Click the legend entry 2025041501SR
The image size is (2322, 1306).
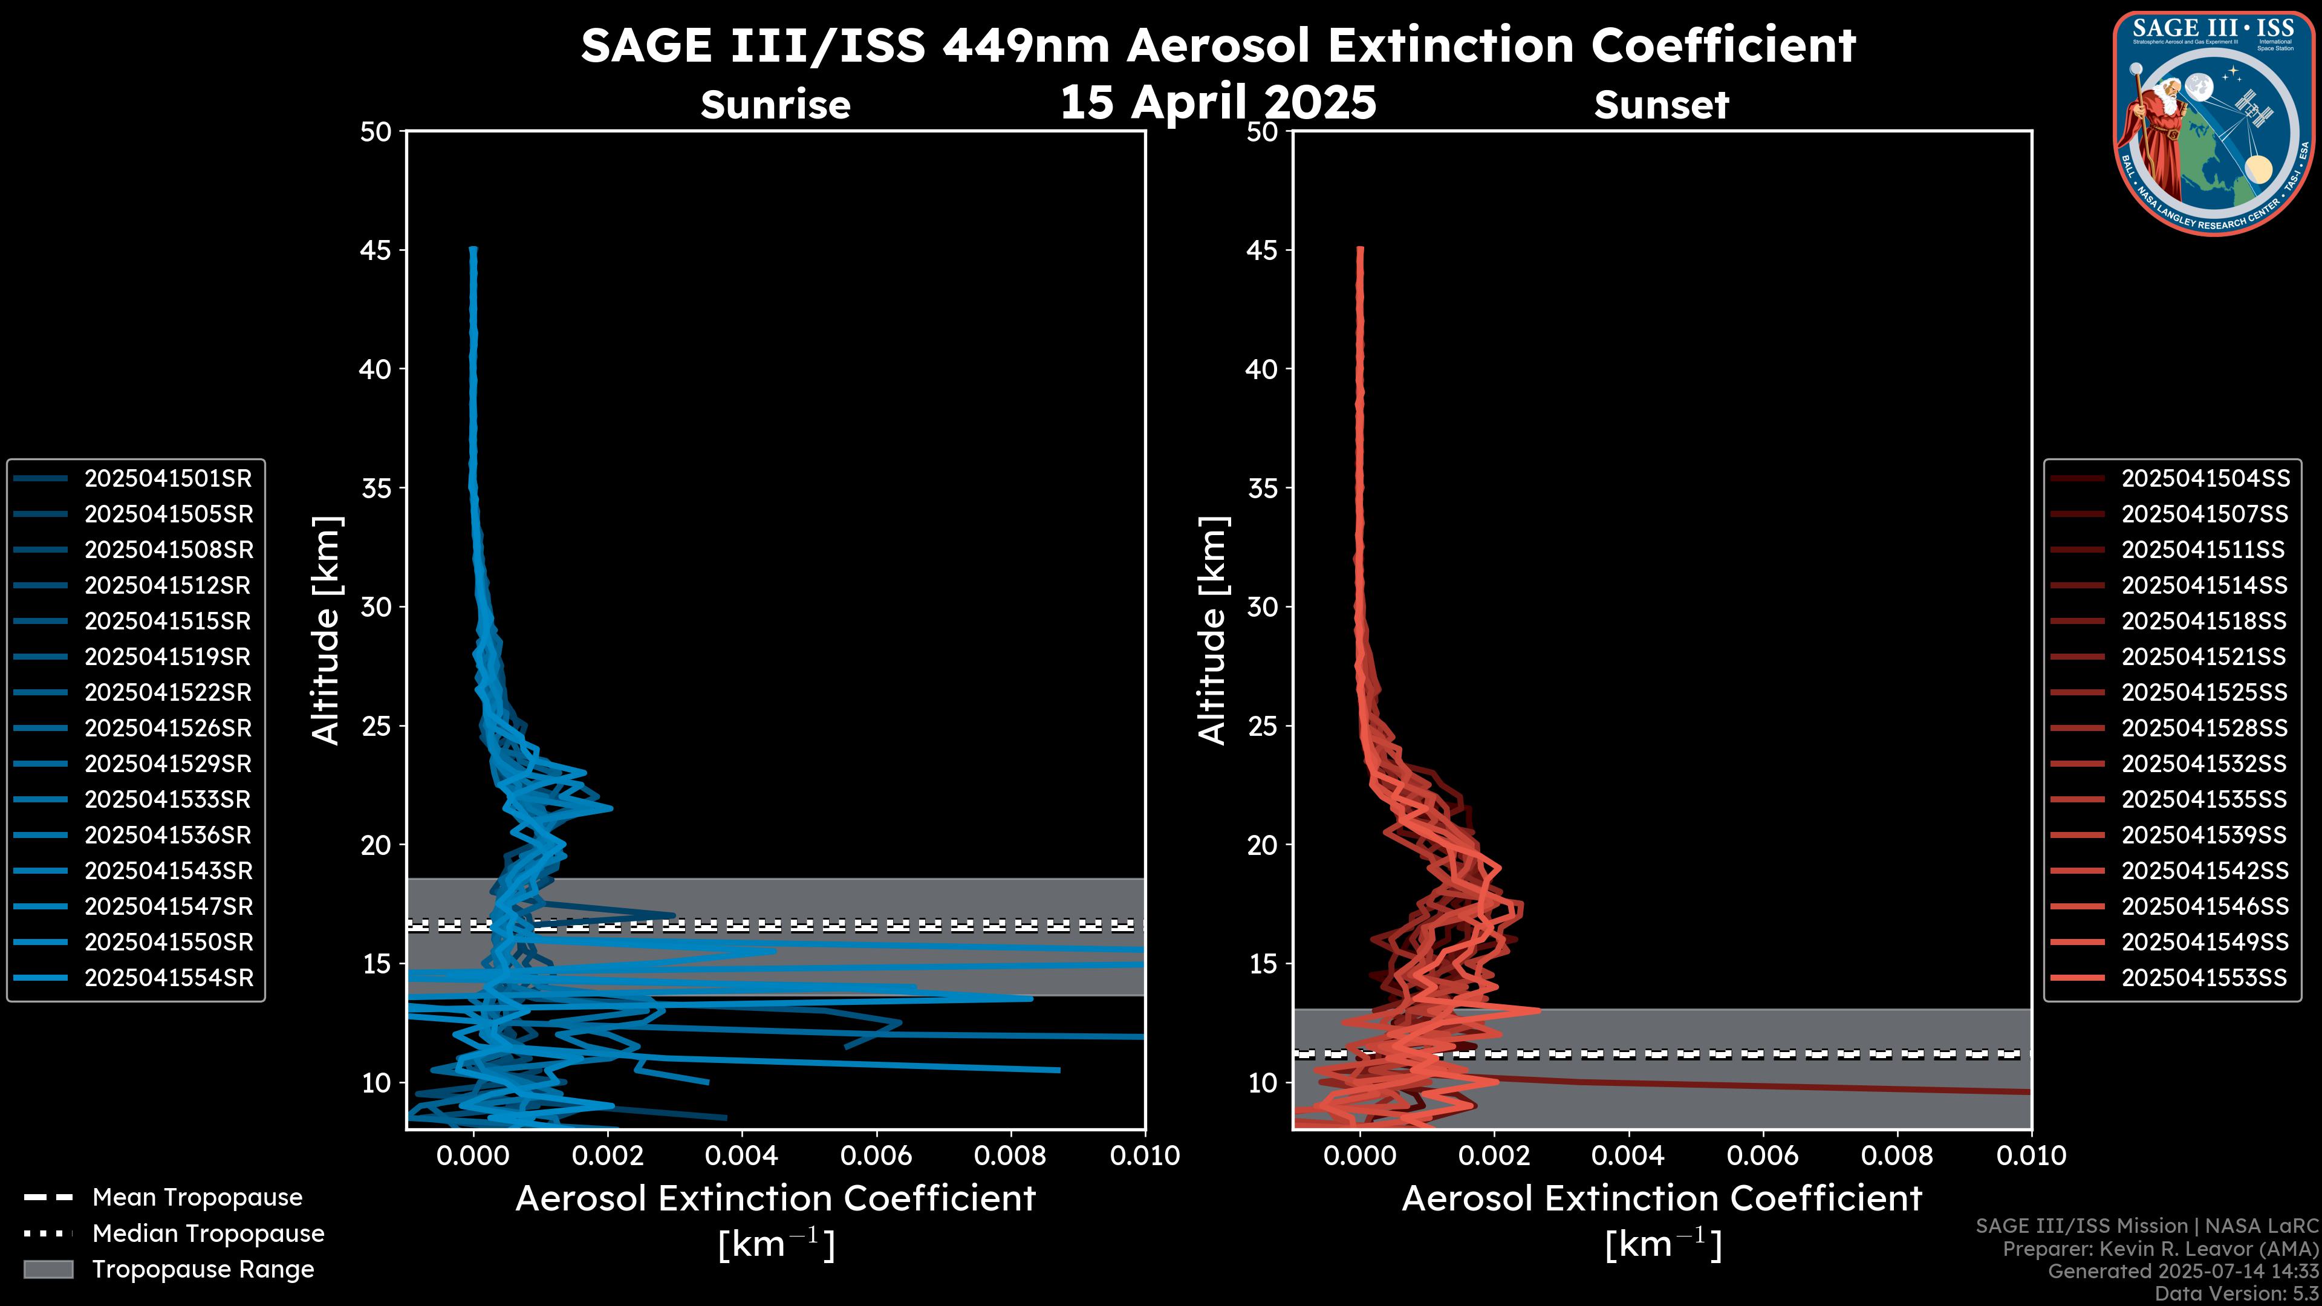[x=167, y=479]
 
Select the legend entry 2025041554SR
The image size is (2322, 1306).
[x=169, y=978]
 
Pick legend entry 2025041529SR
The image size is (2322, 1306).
[x=167, y=764]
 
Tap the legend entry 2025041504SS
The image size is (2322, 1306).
[x=2204, y=479]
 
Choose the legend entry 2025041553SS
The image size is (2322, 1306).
[x=2204, y=978]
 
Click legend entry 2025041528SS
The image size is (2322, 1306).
[x=2204, y=728]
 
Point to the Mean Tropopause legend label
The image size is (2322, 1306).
[x=197, y=1198]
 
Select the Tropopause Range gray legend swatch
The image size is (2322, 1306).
[x=48, y=1269]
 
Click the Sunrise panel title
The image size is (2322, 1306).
[x=775, y=105]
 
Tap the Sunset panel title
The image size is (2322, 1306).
[x=1661, y=105]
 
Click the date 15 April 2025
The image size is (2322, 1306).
[x=1218, y=102]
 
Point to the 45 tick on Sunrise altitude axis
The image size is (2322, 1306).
[x=376, y=250]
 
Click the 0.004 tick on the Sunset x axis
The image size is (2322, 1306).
[x=1628, y=1155]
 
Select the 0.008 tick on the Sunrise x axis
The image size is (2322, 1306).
[x=1010, y=1155]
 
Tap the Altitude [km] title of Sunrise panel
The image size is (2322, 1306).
[x=325, y=631]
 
